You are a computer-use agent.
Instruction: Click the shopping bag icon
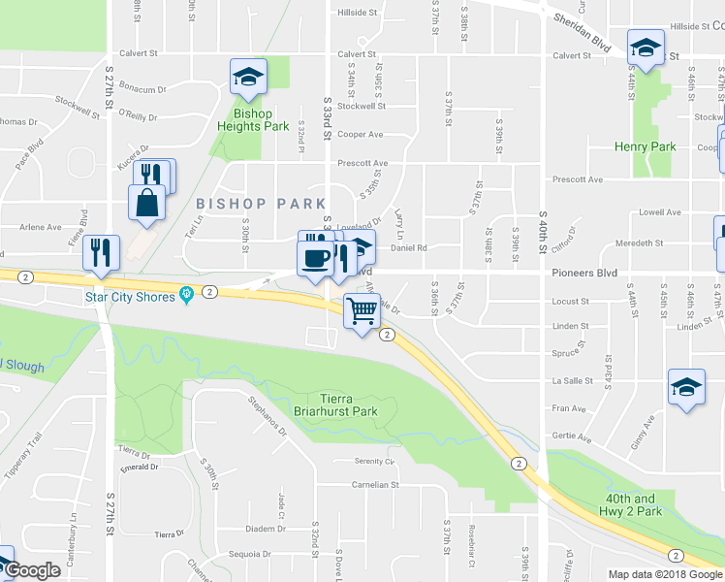click(145, 202)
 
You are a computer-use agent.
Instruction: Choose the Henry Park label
click(645, 146)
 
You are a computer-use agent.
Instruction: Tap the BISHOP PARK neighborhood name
click(261, 204)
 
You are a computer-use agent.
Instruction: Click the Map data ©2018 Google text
click(665, 574)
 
